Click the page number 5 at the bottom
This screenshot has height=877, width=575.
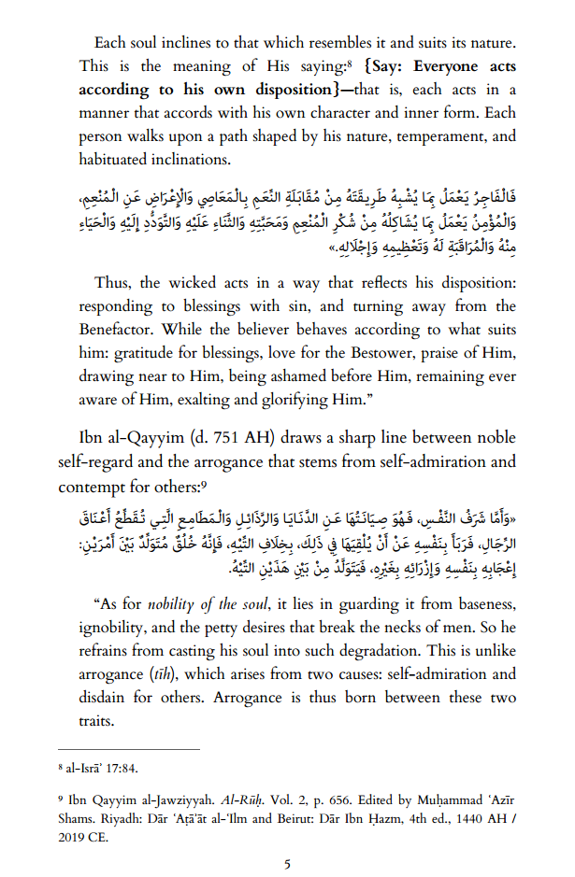coord(287,865)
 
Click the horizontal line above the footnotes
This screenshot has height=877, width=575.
coord(128,749)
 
